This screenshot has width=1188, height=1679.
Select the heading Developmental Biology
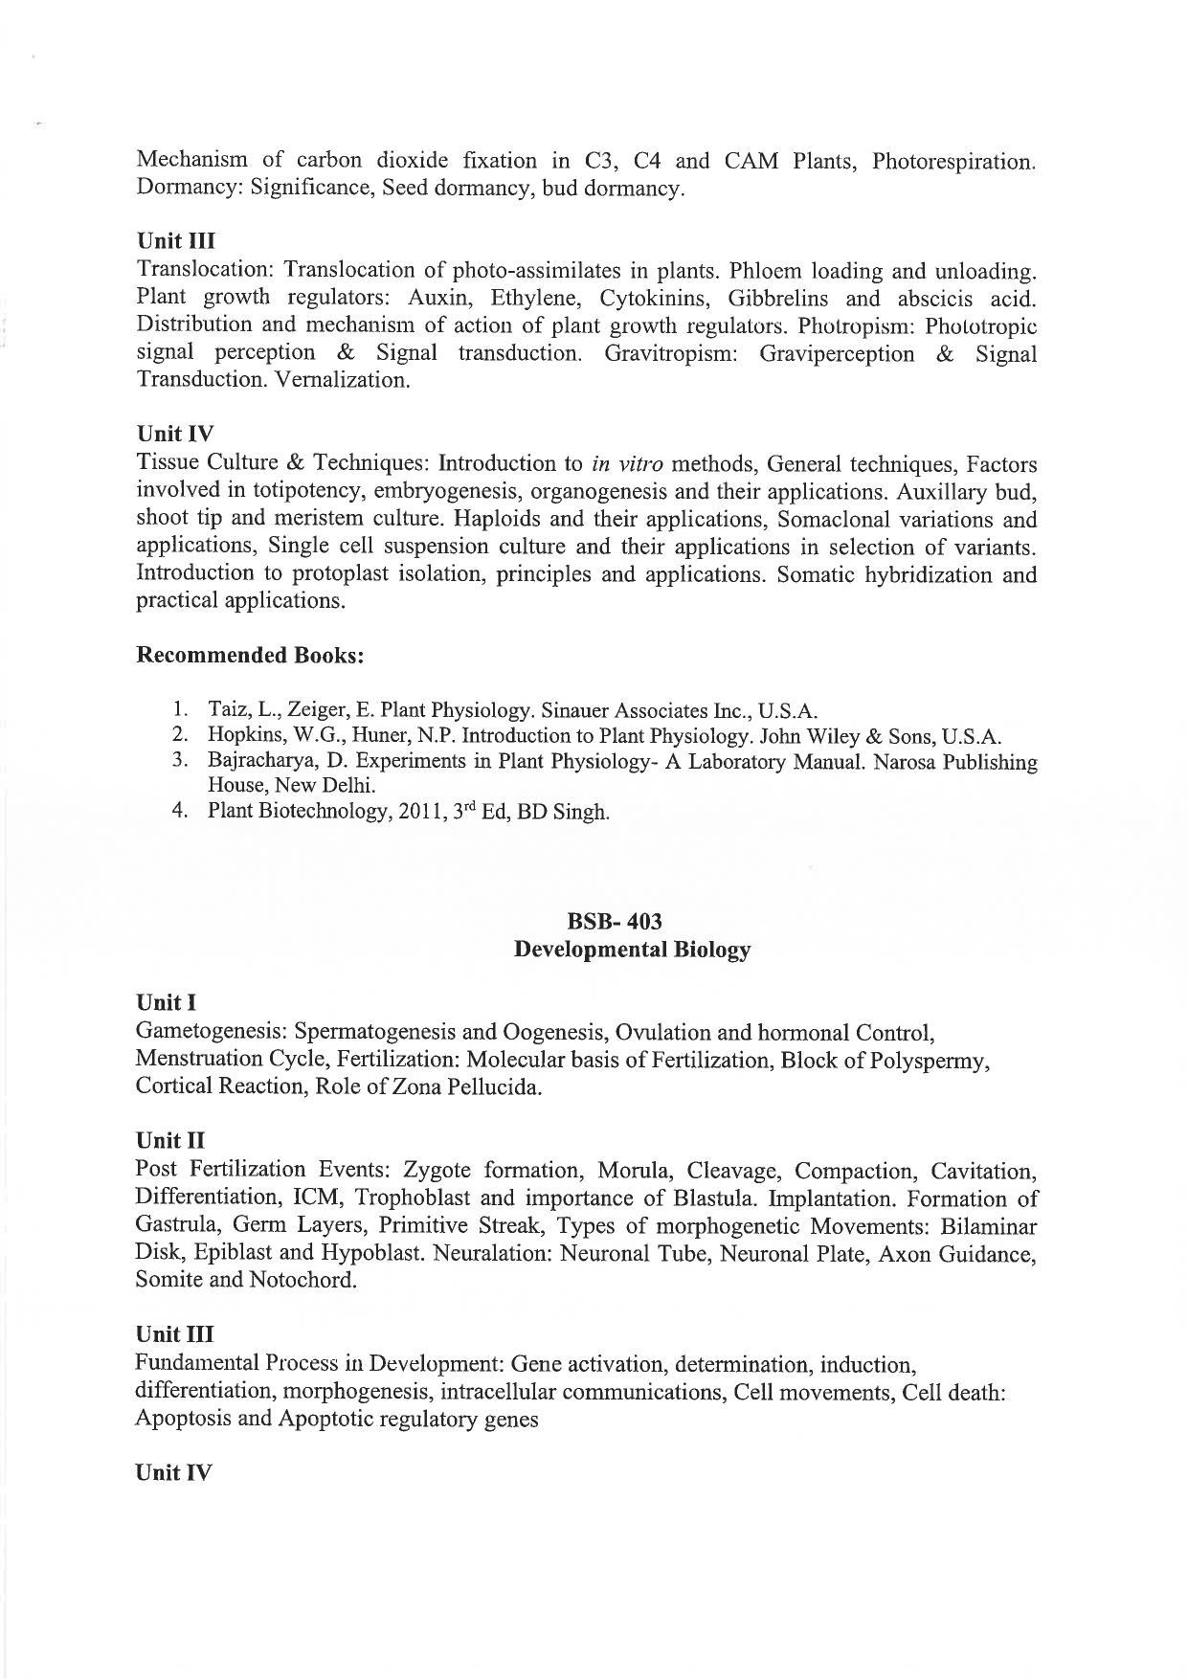click(x=632, y=950)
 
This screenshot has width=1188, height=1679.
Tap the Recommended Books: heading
click(x=250, y=656)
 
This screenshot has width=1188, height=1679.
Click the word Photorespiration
click(x=952, y=161)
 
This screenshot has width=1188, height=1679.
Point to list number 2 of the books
click(x=179, y=736)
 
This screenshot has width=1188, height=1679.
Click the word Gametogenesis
click(x=210, y=1033)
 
